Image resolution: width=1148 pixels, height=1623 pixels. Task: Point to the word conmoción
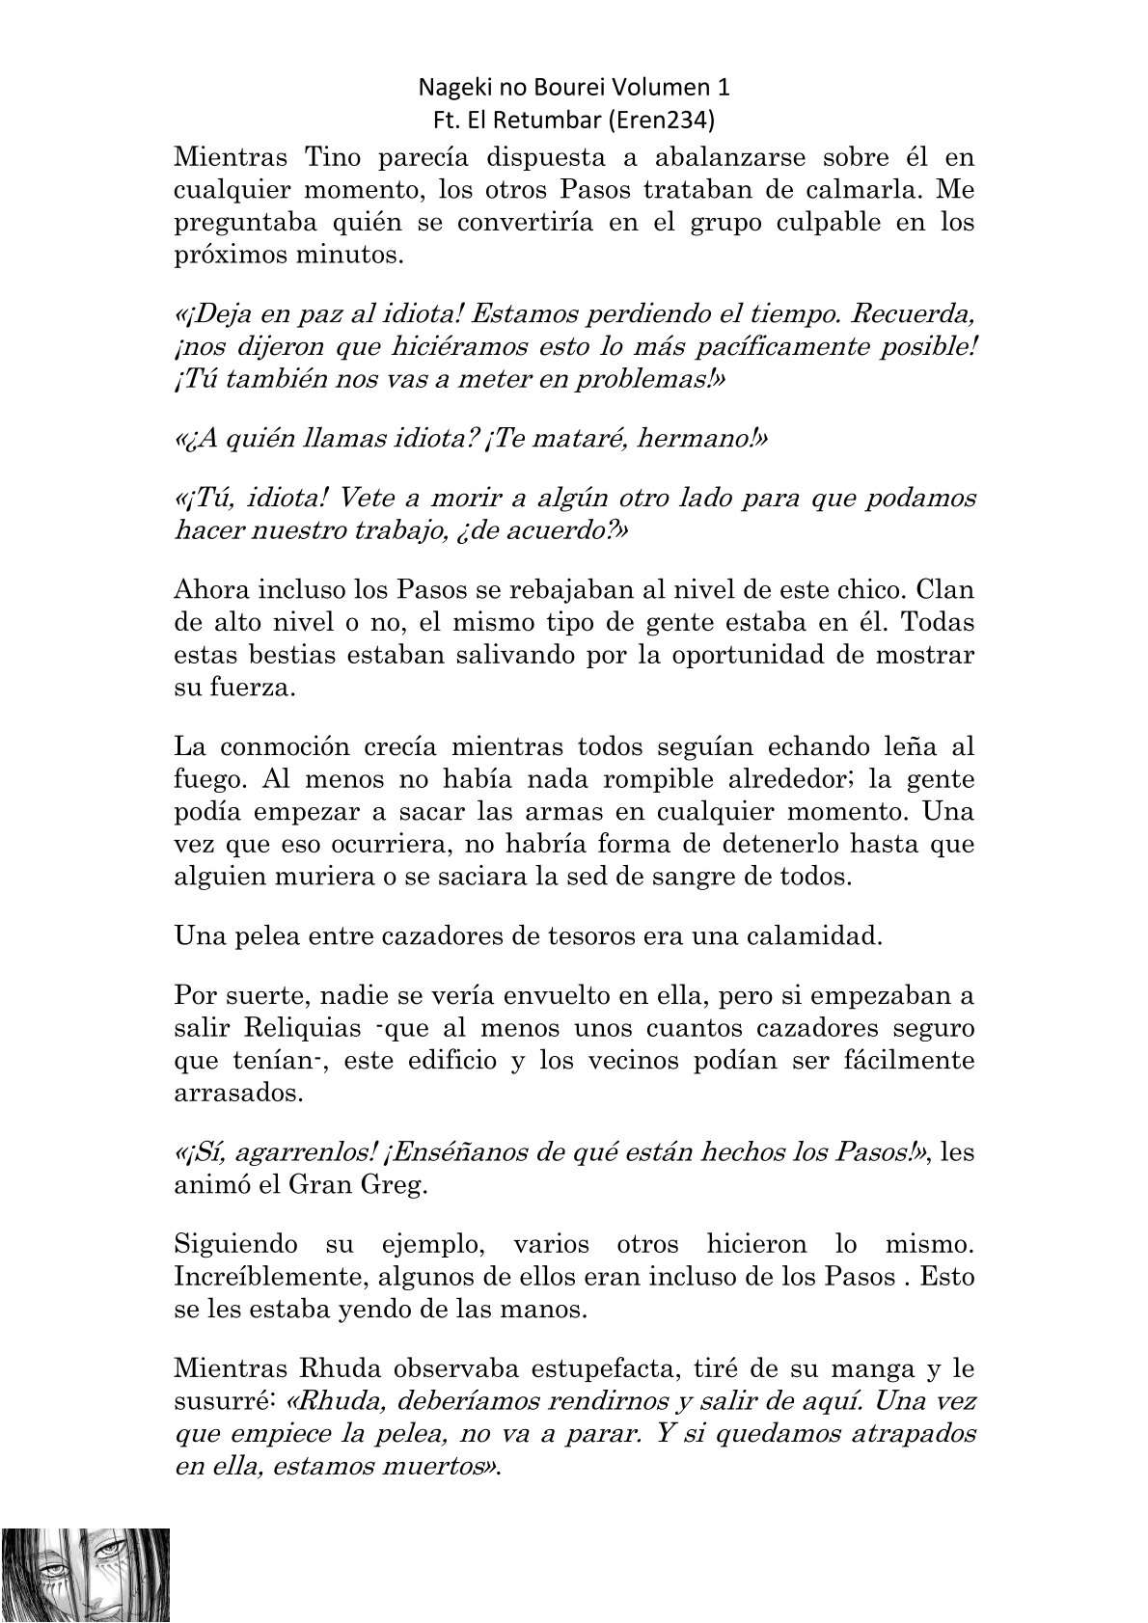click(x=300, y=746)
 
